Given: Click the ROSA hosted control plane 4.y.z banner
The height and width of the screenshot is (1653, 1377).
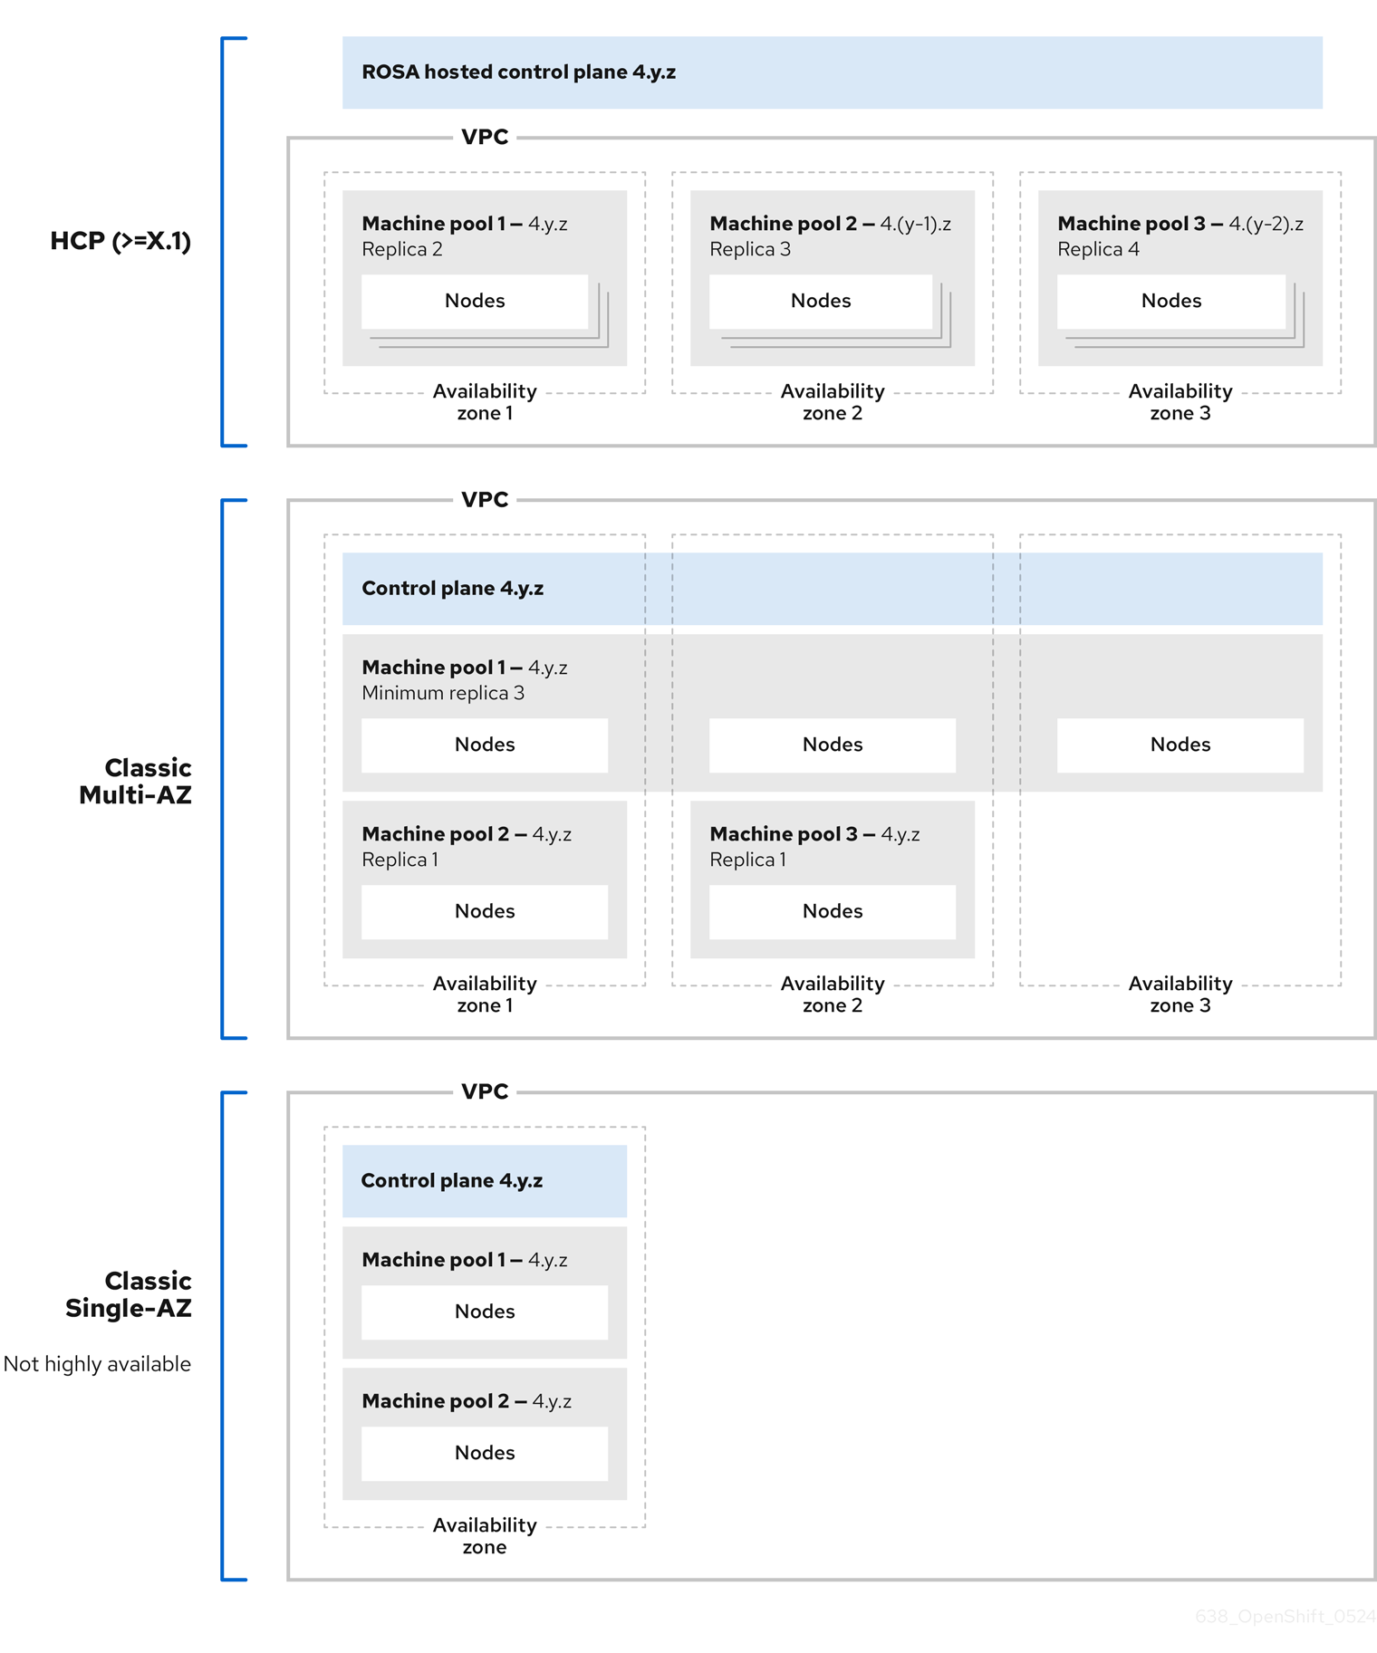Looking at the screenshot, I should (x=831, y=72).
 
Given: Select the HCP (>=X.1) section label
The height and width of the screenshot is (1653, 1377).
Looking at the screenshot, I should (x=120, y=241).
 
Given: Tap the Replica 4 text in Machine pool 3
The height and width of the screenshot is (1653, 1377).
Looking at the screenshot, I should (x=1098, y=249).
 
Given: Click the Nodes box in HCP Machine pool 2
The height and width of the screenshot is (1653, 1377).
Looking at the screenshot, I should (x=820, y=301).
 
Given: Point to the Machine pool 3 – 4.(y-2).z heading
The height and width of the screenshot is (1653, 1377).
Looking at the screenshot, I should (x=1180, y=224).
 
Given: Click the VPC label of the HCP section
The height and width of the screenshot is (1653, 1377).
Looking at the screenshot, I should (x=485, y=138).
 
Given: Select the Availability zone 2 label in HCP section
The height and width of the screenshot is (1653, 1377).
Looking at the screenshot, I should (x=832, y=402).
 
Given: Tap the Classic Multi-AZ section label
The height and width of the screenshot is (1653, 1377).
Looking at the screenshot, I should (x=136, y=781).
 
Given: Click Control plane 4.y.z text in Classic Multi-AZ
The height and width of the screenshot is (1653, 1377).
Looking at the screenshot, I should (x=452, y=589).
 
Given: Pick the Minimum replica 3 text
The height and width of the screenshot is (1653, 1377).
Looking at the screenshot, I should (x=442, y=693).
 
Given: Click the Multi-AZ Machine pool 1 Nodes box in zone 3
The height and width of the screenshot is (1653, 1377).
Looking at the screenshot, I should (x=1180, y=745).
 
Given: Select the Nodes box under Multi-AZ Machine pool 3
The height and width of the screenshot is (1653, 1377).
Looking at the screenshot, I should (x=832, y=911).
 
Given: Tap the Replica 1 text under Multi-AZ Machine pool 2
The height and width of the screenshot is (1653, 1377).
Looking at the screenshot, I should (x=400, y=860).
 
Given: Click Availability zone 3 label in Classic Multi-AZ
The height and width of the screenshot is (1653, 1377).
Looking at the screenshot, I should (x=1180, y=995).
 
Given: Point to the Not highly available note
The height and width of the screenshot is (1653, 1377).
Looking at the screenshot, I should (x=97, y=1364).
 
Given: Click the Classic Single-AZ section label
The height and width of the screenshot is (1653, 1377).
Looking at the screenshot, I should (x=129, y=1293).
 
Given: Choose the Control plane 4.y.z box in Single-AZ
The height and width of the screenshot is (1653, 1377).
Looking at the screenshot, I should (x=484, y=1180).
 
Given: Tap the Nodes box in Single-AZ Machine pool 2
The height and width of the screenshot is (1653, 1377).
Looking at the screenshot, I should (x=484, y=1453).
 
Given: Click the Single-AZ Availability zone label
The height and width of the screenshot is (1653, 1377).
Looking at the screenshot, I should (x=484, y=1535).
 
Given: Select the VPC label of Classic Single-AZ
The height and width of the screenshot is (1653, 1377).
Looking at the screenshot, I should (x=485, y=1091).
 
